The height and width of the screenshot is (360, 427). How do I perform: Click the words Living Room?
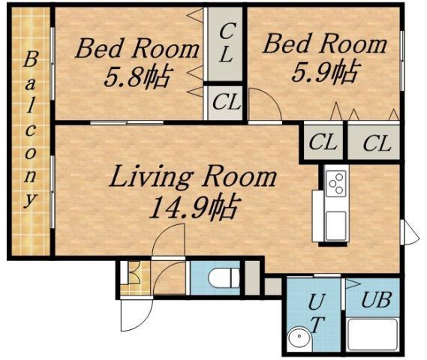[193, 178]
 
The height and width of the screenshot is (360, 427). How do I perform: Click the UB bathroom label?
[375, 300]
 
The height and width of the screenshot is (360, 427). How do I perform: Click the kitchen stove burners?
[335, 182]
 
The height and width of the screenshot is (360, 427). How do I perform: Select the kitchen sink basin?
[335, 222]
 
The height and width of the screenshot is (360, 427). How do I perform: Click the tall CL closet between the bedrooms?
[225, 43]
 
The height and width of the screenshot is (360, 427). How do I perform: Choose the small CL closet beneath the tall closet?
[225, 103]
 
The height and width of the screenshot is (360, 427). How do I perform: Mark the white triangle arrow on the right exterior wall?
[410, 232]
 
